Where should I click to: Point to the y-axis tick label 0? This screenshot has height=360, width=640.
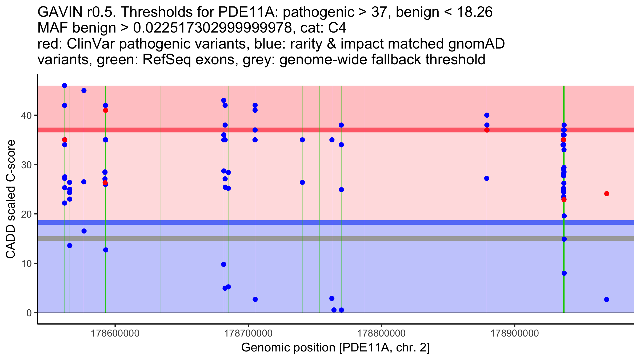click(x=29, y=313)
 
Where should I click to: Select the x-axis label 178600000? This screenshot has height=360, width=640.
click(x=115, y=333)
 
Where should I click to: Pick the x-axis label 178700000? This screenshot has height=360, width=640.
click(x=248, y=333)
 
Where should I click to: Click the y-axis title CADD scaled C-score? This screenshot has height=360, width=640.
click(x=11, y=199)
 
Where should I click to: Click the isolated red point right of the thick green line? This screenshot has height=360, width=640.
click(x=607, y=194)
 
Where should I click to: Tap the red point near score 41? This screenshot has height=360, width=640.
click(x=106, y=110)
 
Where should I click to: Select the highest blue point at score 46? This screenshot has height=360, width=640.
click(x=65, y=86)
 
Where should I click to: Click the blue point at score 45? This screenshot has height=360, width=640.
click(x=84, y=90)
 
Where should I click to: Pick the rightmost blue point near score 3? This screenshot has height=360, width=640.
click(x=607, y=299)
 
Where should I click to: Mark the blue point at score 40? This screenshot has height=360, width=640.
click(x=487, y=115)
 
